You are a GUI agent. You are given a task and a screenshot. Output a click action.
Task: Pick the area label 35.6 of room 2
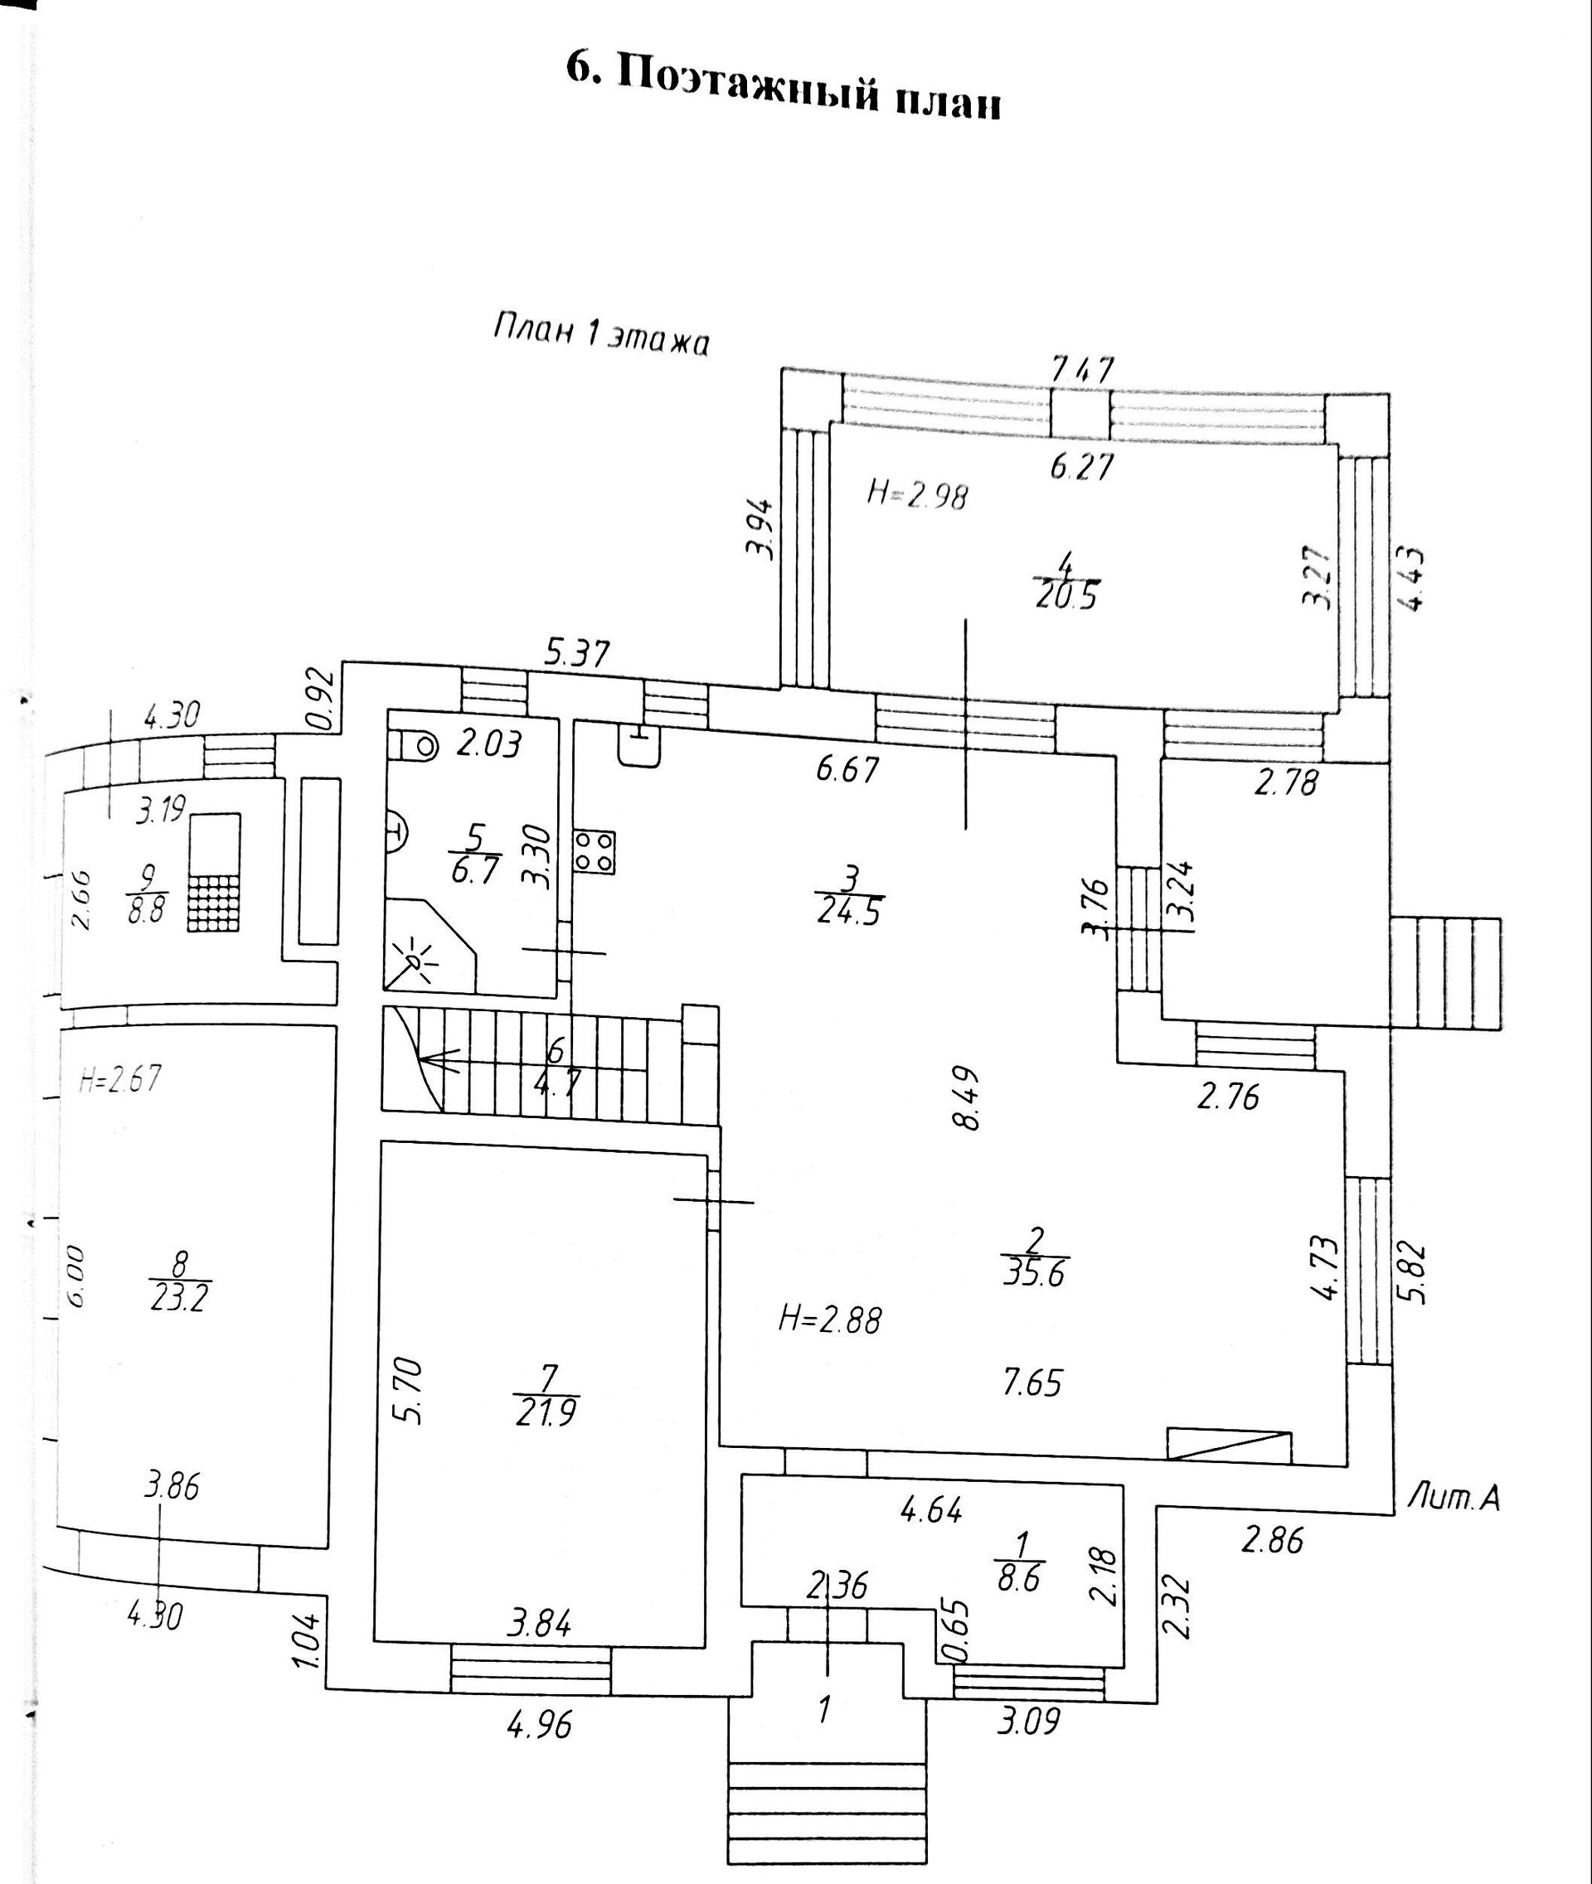tap(1035, 1271)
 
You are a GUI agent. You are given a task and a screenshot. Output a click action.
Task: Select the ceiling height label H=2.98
tap(917, 495)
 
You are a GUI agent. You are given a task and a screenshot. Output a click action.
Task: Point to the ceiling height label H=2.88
tap(829, 1320)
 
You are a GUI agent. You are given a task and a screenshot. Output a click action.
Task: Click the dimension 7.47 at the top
tap(1083, 370)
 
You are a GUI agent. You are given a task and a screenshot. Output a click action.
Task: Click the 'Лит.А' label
tap(1453, 1499)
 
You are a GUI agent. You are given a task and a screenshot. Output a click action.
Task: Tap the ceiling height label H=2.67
tap(119, 1079)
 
